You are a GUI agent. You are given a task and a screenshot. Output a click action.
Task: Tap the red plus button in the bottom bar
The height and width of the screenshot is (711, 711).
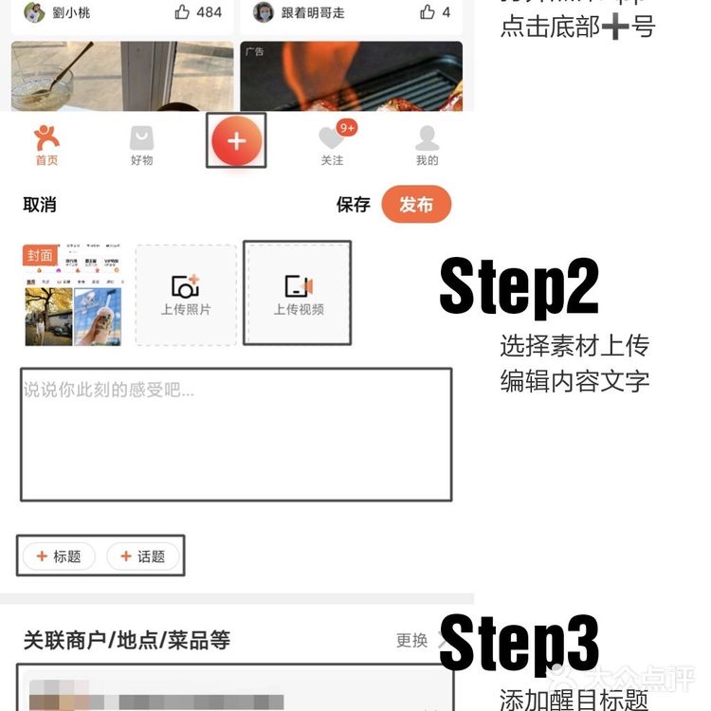(236, 141)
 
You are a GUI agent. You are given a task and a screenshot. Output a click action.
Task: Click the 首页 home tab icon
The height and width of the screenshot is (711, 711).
(46, 139)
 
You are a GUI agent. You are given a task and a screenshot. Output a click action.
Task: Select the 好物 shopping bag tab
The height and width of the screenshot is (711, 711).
(141, 139)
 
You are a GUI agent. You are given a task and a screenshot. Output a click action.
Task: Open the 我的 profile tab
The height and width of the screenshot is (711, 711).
(428, 138)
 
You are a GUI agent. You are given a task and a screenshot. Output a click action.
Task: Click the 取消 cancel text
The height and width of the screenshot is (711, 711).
(40, 205)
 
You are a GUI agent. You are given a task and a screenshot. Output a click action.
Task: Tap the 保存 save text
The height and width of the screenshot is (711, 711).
(353, 205)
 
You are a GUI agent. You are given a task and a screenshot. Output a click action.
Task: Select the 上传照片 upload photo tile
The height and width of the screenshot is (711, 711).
(185, 294)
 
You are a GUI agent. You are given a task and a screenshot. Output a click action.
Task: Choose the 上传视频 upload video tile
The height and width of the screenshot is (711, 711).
(298, 293)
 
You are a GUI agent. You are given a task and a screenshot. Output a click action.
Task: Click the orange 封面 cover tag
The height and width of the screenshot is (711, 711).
(40, 256)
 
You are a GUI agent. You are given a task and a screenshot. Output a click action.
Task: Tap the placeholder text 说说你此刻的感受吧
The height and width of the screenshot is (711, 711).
(108, 390)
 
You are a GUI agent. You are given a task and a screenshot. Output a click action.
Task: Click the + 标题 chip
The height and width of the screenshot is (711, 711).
(59, 556)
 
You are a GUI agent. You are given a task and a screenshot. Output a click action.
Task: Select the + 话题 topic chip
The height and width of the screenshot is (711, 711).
(142, 556)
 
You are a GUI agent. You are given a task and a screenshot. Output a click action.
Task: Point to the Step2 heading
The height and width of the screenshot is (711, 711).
(519, 286)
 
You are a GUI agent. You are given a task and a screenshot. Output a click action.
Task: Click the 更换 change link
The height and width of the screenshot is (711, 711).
(411, 641)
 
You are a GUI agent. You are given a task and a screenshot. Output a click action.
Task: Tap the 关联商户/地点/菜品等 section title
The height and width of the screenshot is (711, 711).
(126, 641)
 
